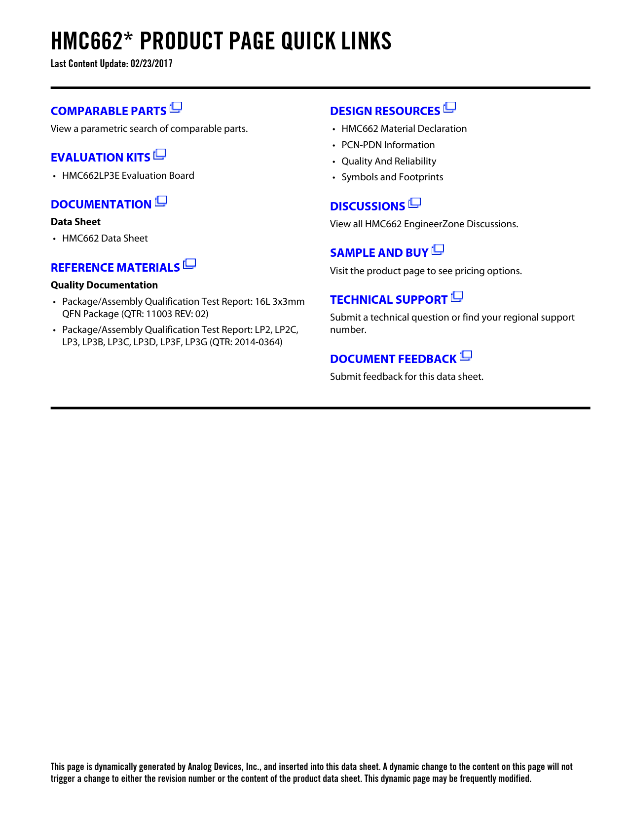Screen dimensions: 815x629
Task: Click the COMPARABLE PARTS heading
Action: pyautogui.click(x=109, y=111)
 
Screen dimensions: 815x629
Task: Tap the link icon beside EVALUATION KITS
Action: pyautogui.click(x=160, y=155)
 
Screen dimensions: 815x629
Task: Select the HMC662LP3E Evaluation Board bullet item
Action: pyautogui.click(x=128, y=176)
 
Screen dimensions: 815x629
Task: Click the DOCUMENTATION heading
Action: pyautogui.click(x=101, y=204)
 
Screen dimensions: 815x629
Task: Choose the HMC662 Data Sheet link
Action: pyautogui.click(x=105, y=239)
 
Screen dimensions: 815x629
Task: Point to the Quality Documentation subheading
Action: pyautogui.click(x=104, y=285)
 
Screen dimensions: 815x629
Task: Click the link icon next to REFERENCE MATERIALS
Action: pyautogui.click(x=189, y=264)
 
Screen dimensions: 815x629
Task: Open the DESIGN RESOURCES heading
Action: pyautogui.click(x=385, y=111)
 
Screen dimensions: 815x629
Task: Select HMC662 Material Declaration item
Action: pyautogui.click(x=404, y=129)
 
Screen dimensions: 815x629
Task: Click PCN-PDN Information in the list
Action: pyautogui.click(x=388, y=145)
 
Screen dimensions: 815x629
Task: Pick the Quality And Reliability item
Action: pyautogui.click(x=389, y=162)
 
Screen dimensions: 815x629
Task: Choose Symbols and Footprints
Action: pyautogui.click(x=392, y=177)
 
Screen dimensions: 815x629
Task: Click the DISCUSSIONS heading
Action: pyautogui.click(x=368, y=206)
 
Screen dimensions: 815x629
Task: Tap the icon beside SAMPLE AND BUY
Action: pyautogui.click(x=438, y=250)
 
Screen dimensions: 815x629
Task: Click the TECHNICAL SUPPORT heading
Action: pyautogui.click(x=389, y=300)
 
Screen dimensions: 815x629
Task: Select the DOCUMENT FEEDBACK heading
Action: pyautogui.click(x=393, y=359)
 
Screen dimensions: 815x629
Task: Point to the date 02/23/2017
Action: pyautogui.click(x=151, y=64)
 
